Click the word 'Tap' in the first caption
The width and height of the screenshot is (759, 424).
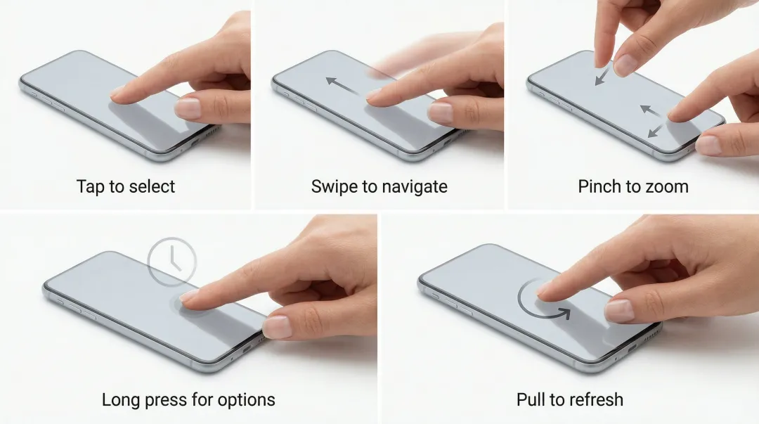[x=88, y=186]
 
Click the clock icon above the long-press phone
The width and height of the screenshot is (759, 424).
[x=172, y=261]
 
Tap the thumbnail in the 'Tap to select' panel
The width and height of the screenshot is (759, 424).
[x=188, y=108]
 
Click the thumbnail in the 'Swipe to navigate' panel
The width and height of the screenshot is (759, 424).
[x=441, y=112]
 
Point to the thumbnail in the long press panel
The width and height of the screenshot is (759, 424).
[x=278, y=327]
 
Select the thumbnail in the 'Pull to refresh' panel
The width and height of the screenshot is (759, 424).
[x=619, y=311]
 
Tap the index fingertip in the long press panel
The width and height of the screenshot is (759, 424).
[x=187, y=299]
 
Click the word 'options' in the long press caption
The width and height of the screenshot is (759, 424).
[x=247, y=401]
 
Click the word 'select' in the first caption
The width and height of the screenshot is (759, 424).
[x=152, y=186]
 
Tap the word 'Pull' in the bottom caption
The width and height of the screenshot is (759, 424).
[x=528, y=400]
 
